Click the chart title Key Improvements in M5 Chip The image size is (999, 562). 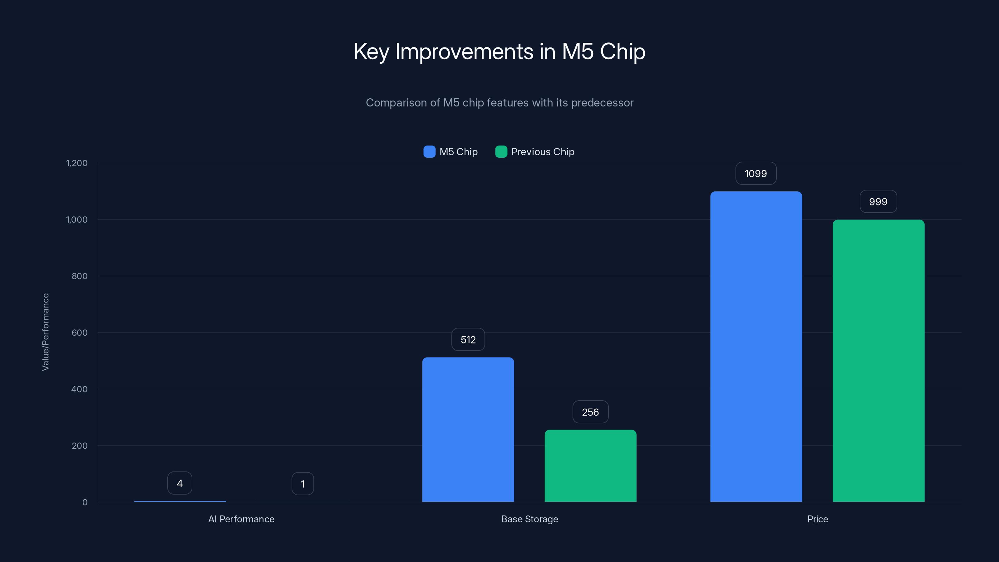pyautogui.click(x=499, y=52)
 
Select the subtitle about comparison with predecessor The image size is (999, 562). pyautogui.click(x=499, y=103)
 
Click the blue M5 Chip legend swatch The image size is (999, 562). pyautogui.click(x=429, y=152)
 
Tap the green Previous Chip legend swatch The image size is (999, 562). pyautogui.click(x=501, y=152)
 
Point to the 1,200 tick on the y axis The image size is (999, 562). pyautogui.click(x=77, y=163)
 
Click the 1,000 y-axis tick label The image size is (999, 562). pyautogui.click(x=77, y=220)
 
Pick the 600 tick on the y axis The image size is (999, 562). pyautogui.click(x=80, y=333)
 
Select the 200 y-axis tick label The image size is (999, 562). pyautogui.click(x=80, y=446)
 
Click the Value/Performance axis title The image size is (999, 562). pyautogui.click(x=45, y=332)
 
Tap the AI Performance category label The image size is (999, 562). pyautogui.click(x=241, y=519)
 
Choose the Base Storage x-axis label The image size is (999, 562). pyautogui.click(x=529, y=519)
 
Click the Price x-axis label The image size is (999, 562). pyautogui.click(x=818, y=519)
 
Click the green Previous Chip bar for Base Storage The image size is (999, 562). pyautogui.click(x=590, y=466)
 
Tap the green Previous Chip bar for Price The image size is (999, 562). pyautogui.click(x=878, y=361)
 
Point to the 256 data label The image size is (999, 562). pyautogui.click(x=590, y=412)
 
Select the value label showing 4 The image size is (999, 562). pyautogui.click(x=180, y=483)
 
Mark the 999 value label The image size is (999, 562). pyautogui.click(x=878, y=202)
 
